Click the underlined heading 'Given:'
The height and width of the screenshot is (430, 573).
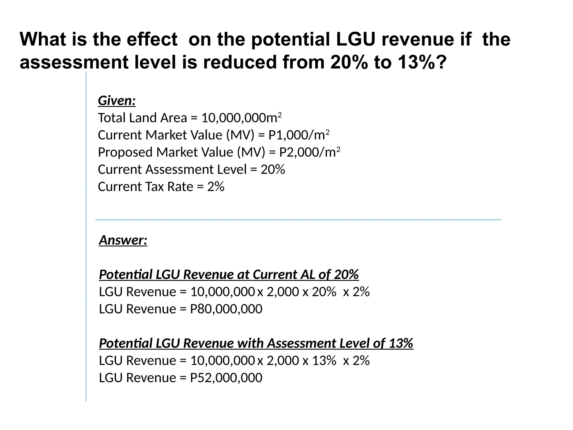click(117, 101)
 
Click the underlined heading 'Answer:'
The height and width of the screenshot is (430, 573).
click(123, 240)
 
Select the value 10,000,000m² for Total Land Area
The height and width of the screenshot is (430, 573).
click(241, 118)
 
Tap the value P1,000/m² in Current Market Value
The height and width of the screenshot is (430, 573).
click(299, 135)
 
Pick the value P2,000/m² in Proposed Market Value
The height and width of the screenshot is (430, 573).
click(309, 153)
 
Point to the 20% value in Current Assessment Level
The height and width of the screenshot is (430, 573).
click(273, 170)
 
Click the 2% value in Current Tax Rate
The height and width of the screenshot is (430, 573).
click(216, 187)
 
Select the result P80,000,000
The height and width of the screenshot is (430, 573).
click(226, 309)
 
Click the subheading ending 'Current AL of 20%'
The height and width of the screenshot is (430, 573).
click(229, 275)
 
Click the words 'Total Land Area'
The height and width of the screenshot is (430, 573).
click(142, 118)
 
